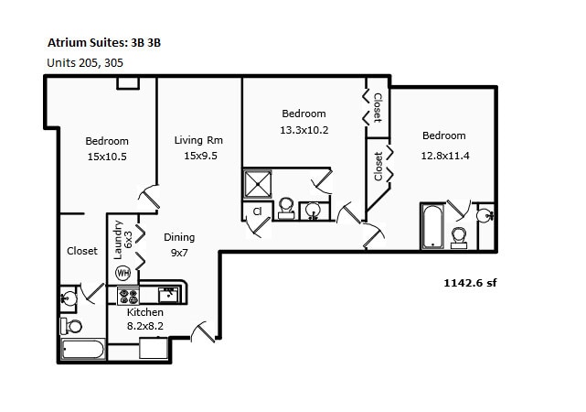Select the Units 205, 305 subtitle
coord(84,62)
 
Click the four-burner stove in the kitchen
coord(128,296)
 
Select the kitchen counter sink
coord(168,295)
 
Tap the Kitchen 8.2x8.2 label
coord(145,319)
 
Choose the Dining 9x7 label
coord(179,244)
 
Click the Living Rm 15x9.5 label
coord(198,147)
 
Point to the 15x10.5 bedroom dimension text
coord(107,157)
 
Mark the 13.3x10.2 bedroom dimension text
coord(304,129)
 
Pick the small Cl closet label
coord(257,211)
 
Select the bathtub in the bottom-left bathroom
coord(83,349)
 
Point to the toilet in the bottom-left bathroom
coord(72,326)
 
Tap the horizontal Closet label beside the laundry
coord(82,251)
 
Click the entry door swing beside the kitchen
coord(205,329)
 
